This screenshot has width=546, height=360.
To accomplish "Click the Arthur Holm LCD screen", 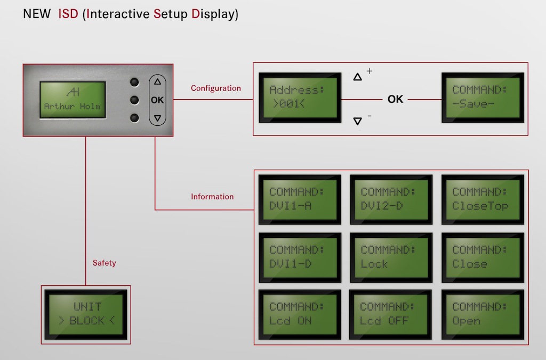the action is [x=73, y=100].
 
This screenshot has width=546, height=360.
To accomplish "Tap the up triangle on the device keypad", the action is [x=157, y=82].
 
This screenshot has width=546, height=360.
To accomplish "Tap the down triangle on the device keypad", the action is [x=157, y=118].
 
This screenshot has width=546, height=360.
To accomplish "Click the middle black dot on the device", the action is [x=134, y=100].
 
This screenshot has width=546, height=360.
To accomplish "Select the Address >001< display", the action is [x=300, y=98].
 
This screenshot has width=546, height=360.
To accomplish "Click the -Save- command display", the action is [x=483, y=98].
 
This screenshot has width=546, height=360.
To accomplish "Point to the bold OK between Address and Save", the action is [x=395, y=100].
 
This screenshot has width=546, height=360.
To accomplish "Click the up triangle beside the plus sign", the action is [x=357, y=77].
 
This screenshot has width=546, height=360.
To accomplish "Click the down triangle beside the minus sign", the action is [x=357, y=121].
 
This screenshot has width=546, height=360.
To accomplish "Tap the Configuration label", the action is [x=216, y=89].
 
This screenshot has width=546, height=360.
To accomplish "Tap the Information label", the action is [x=212, y=197].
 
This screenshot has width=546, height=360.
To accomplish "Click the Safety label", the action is [x=104, y=263].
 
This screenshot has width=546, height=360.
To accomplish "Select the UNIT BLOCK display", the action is [x=86, y=315].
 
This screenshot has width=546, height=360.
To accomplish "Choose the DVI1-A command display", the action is [x=300, y=199].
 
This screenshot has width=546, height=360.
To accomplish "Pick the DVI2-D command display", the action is [x=391, y=199].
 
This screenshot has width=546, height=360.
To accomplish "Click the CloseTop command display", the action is [x=483, y=199].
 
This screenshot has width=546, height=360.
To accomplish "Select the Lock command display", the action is [x=391, y=258].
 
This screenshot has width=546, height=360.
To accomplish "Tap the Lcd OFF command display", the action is [x=390, y=315].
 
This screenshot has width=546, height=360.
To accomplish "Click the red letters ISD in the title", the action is [x=68, y=14].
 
